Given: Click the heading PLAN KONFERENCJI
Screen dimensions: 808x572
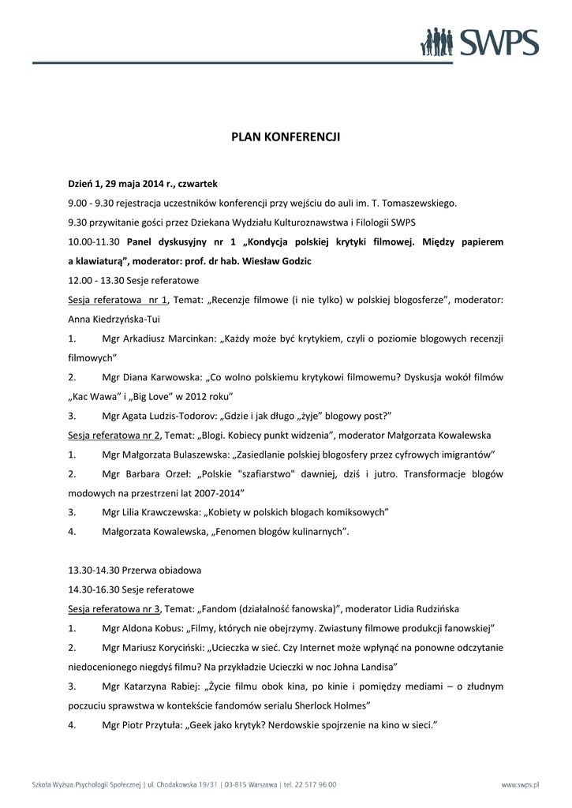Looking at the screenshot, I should (286, 137).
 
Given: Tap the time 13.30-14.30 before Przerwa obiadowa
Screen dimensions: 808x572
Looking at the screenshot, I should (96, 570).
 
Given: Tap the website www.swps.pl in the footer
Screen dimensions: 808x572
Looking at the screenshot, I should (520, 785).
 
